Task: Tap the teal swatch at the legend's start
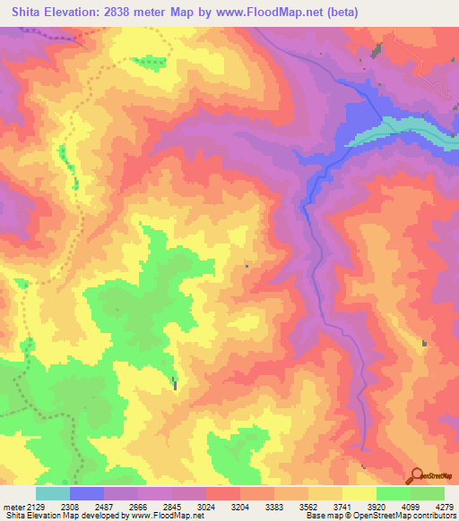pos(53,493)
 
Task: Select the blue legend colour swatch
pos(87,493)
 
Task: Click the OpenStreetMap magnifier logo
pos(415,476)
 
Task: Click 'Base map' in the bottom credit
pos(321,515)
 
